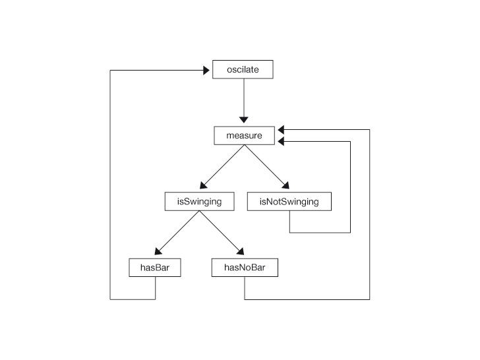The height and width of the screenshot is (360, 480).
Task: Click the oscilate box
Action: coord(243,69)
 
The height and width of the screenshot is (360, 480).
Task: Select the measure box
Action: coord(244,136)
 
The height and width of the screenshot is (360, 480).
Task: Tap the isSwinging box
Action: coord(200,202)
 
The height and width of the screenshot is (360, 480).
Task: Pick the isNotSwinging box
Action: coord(289,202)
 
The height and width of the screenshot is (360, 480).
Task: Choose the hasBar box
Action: coord(155,268)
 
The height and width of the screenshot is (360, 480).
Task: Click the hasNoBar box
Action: coord(245,268)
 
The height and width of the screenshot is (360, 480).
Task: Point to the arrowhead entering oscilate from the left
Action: coord(206,71)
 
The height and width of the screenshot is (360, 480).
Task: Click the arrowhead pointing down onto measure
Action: coord(244,120)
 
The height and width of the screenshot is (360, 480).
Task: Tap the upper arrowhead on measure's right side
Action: coord(281,130)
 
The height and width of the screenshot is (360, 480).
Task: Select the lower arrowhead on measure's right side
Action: coord(281,141)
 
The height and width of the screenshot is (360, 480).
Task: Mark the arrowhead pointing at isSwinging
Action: coord(203,185)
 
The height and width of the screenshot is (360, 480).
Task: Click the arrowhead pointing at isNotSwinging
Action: coord(286,185)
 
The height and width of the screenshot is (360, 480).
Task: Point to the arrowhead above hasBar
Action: coord(158,251)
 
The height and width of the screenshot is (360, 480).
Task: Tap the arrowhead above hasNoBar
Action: coord(241,251)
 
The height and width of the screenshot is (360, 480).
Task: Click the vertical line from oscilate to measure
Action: coord(244,98)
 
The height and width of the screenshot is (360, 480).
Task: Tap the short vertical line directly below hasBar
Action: coord(155,288)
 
